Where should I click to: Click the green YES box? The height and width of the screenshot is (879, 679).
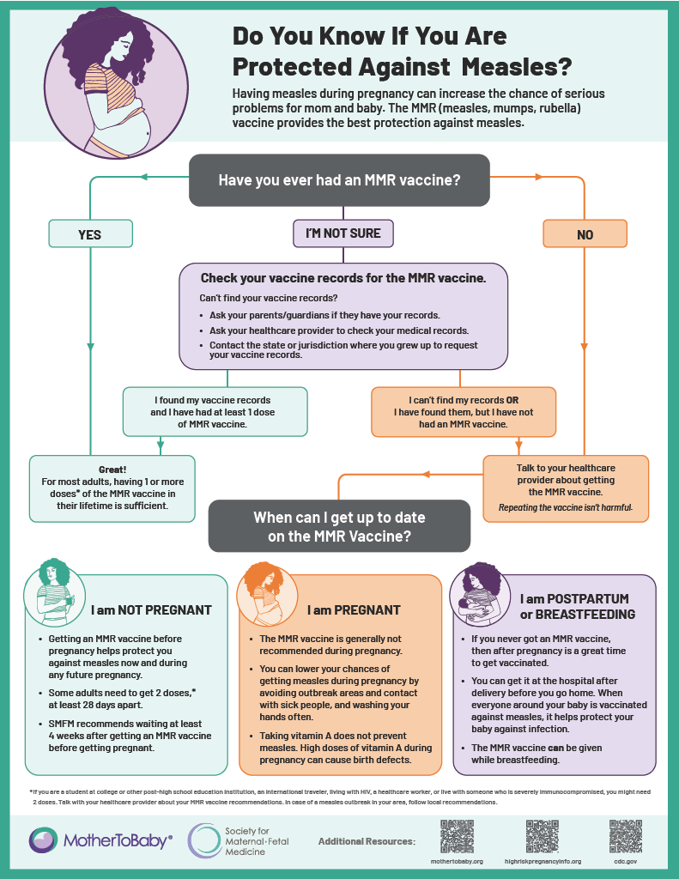coord(90,233)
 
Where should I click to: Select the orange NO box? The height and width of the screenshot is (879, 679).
coord(585,233)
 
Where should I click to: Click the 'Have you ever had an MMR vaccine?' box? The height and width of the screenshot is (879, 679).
coord(339,180)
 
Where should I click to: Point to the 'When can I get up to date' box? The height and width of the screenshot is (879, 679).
coord(339,526)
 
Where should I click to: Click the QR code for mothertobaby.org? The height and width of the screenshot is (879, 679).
coord(457,836)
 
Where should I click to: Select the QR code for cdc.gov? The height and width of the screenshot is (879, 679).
coord(626,836)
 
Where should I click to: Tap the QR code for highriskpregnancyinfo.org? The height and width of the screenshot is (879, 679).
coord(542,836)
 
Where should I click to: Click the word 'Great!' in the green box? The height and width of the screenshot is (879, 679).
coord(112,470)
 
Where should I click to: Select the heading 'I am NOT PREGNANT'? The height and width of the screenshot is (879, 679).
coord(151,610)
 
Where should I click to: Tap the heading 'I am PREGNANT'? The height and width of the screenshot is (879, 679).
coord(354,610)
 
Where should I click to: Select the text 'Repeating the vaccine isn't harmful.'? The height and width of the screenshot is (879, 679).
coord(566,508)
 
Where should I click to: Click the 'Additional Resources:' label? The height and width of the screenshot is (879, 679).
coord(367,841)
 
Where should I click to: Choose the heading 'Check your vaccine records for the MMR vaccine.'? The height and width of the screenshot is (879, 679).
coord(343,278)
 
